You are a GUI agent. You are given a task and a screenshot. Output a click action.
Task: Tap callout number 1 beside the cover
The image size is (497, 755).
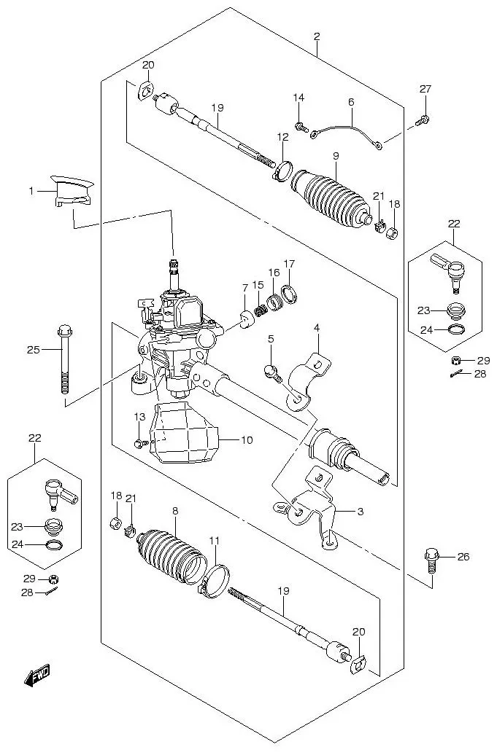pyautogui.click(x=31, y=191)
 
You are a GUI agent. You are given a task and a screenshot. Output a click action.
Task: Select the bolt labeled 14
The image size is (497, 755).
pyautogui.click(x=300, y=128)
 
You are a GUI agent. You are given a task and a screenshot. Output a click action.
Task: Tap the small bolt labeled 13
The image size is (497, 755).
pyautogui.click(x=139, y=442)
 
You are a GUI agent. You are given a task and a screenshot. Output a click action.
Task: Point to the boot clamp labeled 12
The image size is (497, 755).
pyautogui.click(x=282, y=172)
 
